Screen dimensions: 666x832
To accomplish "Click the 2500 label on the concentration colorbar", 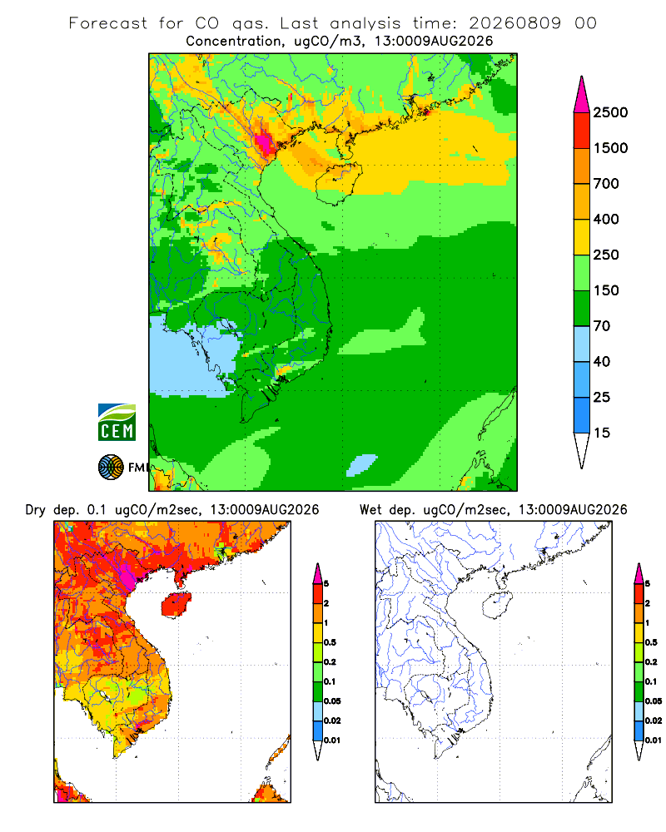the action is [610, 112].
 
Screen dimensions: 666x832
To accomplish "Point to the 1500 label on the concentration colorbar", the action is [610, 148].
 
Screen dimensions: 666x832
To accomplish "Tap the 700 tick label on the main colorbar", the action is [606, 184].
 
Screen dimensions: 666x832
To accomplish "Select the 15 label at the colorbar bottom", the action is [602, 433].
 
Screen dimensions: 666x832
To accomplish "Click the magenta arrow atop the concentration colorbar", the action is [582, 95].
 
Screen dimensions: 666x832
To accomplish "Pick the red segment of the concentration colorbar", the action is [582, 131].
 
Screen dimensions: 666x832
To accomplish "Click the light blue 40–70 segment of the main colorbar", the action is [582, 344].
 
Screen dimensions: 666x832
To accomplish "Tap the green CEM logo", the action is [117, 423].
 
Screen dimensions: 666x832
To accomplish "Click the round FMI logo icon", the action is [111, 468].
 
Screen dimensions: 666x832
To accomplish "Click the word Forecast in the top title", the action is [108, 23].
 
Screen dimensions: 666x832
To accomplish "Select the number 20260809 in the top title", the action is [514, 23].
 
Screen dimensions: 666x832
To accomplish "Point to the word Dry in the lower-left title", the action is [36, 510].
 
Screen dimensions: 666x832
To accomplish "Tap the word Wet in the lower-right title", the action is [370, 510].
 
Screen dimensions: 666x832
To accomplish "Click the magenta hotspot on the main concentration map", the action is [263, 141].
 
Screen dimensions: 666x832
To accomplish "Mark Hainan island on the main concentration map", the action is [339, 183].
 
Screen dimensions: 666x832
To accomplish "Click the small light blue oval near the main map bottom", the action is [361, 465].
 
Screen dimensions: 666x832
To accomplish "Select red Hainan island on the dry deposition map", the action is [176, 604].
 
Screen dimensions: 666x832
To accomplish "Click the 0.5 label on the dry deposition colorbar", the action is [330, 642].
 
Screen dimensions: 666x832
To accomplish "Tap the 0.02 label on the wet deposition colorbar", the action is [654, 721].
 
